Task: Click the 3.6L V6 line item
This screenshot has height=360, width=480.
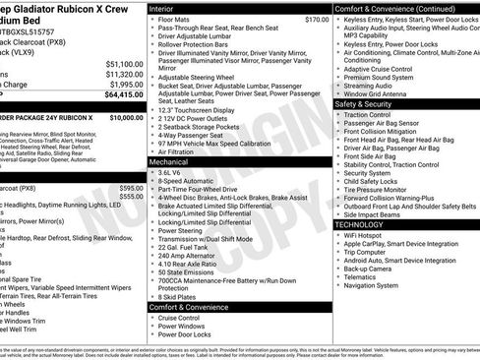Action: pyautogui.click(x=175, y=171)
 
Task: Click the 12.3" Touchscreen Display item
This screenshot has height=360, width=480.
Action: pyautogui.click(x=201, y=111)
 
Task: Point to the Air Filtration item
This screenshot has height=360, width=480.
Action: pyautogui.click(x=178, y=151)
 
